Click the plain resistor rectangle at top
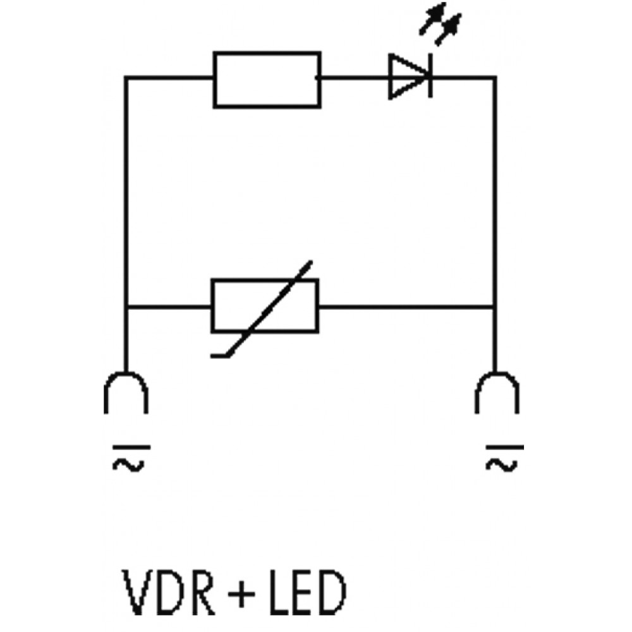(267, 80)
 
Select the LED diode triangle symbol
(408, 77)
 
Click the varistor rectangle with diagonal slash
(265, 306)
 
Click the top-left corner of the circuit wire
(126, 78)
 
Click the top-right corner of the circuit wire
(495, 78)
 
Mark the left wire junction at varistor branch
(126, 308)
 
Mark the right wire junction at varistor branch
(495, 308)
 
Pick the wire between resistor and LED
(354, 78)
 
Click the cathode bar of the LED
(431, 77)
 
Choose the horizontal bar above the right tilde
(504, 446)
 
